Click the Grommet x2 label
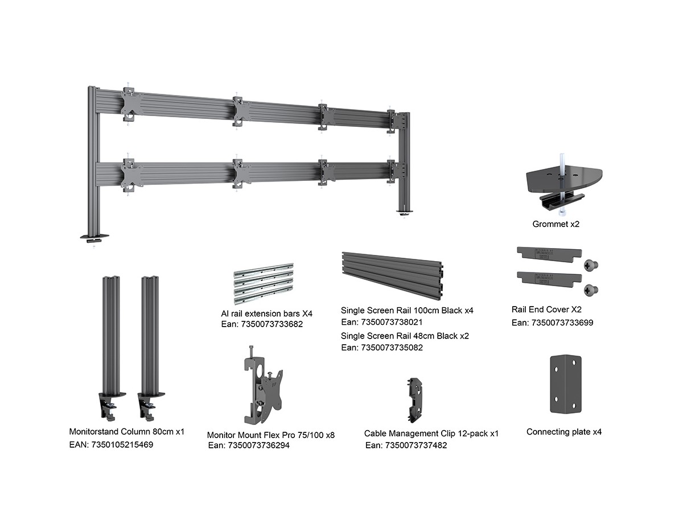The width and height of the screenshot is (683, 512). pyautogui.click(x=556, y=224)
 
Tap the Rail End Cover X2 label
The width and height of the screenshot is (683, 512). pyautogui.click(x=546, y=310)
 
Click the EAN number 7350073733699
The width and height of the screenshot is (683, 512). pyautogui.click(x=552, y=323)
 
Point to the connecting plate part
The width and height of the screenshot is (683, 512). pyautogui.click(x=566, y=385)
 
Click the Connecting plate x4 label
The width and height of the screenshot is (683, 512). pyautogui.click(x=563, y=432)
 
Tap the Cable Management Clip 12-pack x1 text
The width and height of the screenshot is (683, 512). pyautogui.click(x=431, y=433)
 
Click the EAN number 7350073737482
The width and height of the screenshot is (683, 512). pyautogui.click(x=406, y=445)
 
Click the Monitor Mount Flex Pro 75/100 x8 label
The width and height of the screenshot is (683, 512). pyautogui.click(x=270, y=435)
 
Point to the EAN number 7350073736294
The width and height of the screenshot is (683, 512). pyautogui.click(x=249, y=445)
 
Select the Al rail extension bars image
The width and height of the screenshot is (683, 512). pyautogui.click(x=263, y=282)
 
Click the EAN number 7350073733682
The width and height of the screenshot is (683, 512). pyautogui.click(x=261, y=324)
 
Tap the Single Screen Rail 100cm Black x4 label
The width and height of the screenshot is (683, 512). pyautogui.click(x=407, y=311)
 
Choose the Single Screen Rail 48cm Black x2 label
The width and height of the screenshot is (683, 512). pyautogui.click(x=405, y=336)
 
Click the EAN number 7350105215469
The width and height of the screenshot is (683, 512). pyautogui.click(x=111, y=444)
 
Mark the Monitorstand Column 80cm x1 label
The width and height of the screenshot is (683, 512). pyautogui.click(x=126, y=432)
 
